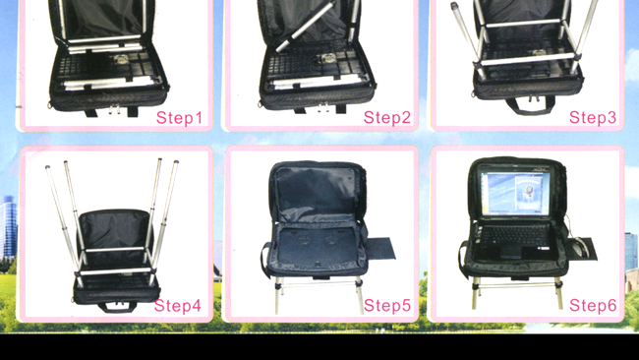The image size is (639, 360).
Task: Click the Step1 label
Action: pyautogui.click(x=179, y=118)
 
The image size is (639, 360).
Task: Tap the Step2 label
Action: pyautogui.click(x=387, y=117)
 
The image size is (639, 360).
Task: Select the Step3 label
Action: pyautogui.click(x=593, y=117)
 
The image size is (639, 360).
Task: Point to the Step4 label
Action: pyautogui.click(x=178, y=305)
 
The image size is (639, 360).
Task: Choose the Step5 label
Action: pyautogui.click(x=387, y=305)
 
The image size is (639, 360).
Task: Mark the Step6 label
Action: pyautogui.click(x=593, y=305)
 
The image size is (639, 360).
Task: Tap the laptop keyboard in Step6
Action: pyautogui.click(x=514, y=235)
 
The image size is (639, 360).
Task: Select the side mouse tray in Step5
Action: pyautogui.click(x=381, y=248)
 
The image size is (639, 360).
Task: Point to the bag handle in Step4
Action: pyautogui.click(x=117, y=307)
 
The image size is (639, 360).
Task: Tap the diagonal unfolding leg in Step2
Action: pyautogui.click(x=305, y=27)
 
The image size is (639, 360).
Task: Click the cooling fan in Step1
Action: pyautogui.click(x=121, y=60)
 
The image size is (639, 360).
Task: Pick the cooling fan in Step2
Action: pyautogui.click(x=327, y=58)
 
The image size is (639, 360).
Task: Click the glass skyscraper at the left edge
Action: pyautogui.click(x=8, y=227)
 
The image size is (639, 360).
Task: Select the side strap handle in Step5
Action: pyautogui.click(x=265, y=260)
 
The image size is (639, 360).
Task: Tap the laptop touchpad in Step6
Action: pyautogui.click(x=510, y=252)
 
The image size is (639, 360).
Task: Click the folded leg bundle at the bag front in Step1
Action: pyautogui.click(x=109, y=84)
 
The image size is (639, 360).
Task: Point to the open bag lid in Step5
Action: pyautogui.click(x=316, y=191)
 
